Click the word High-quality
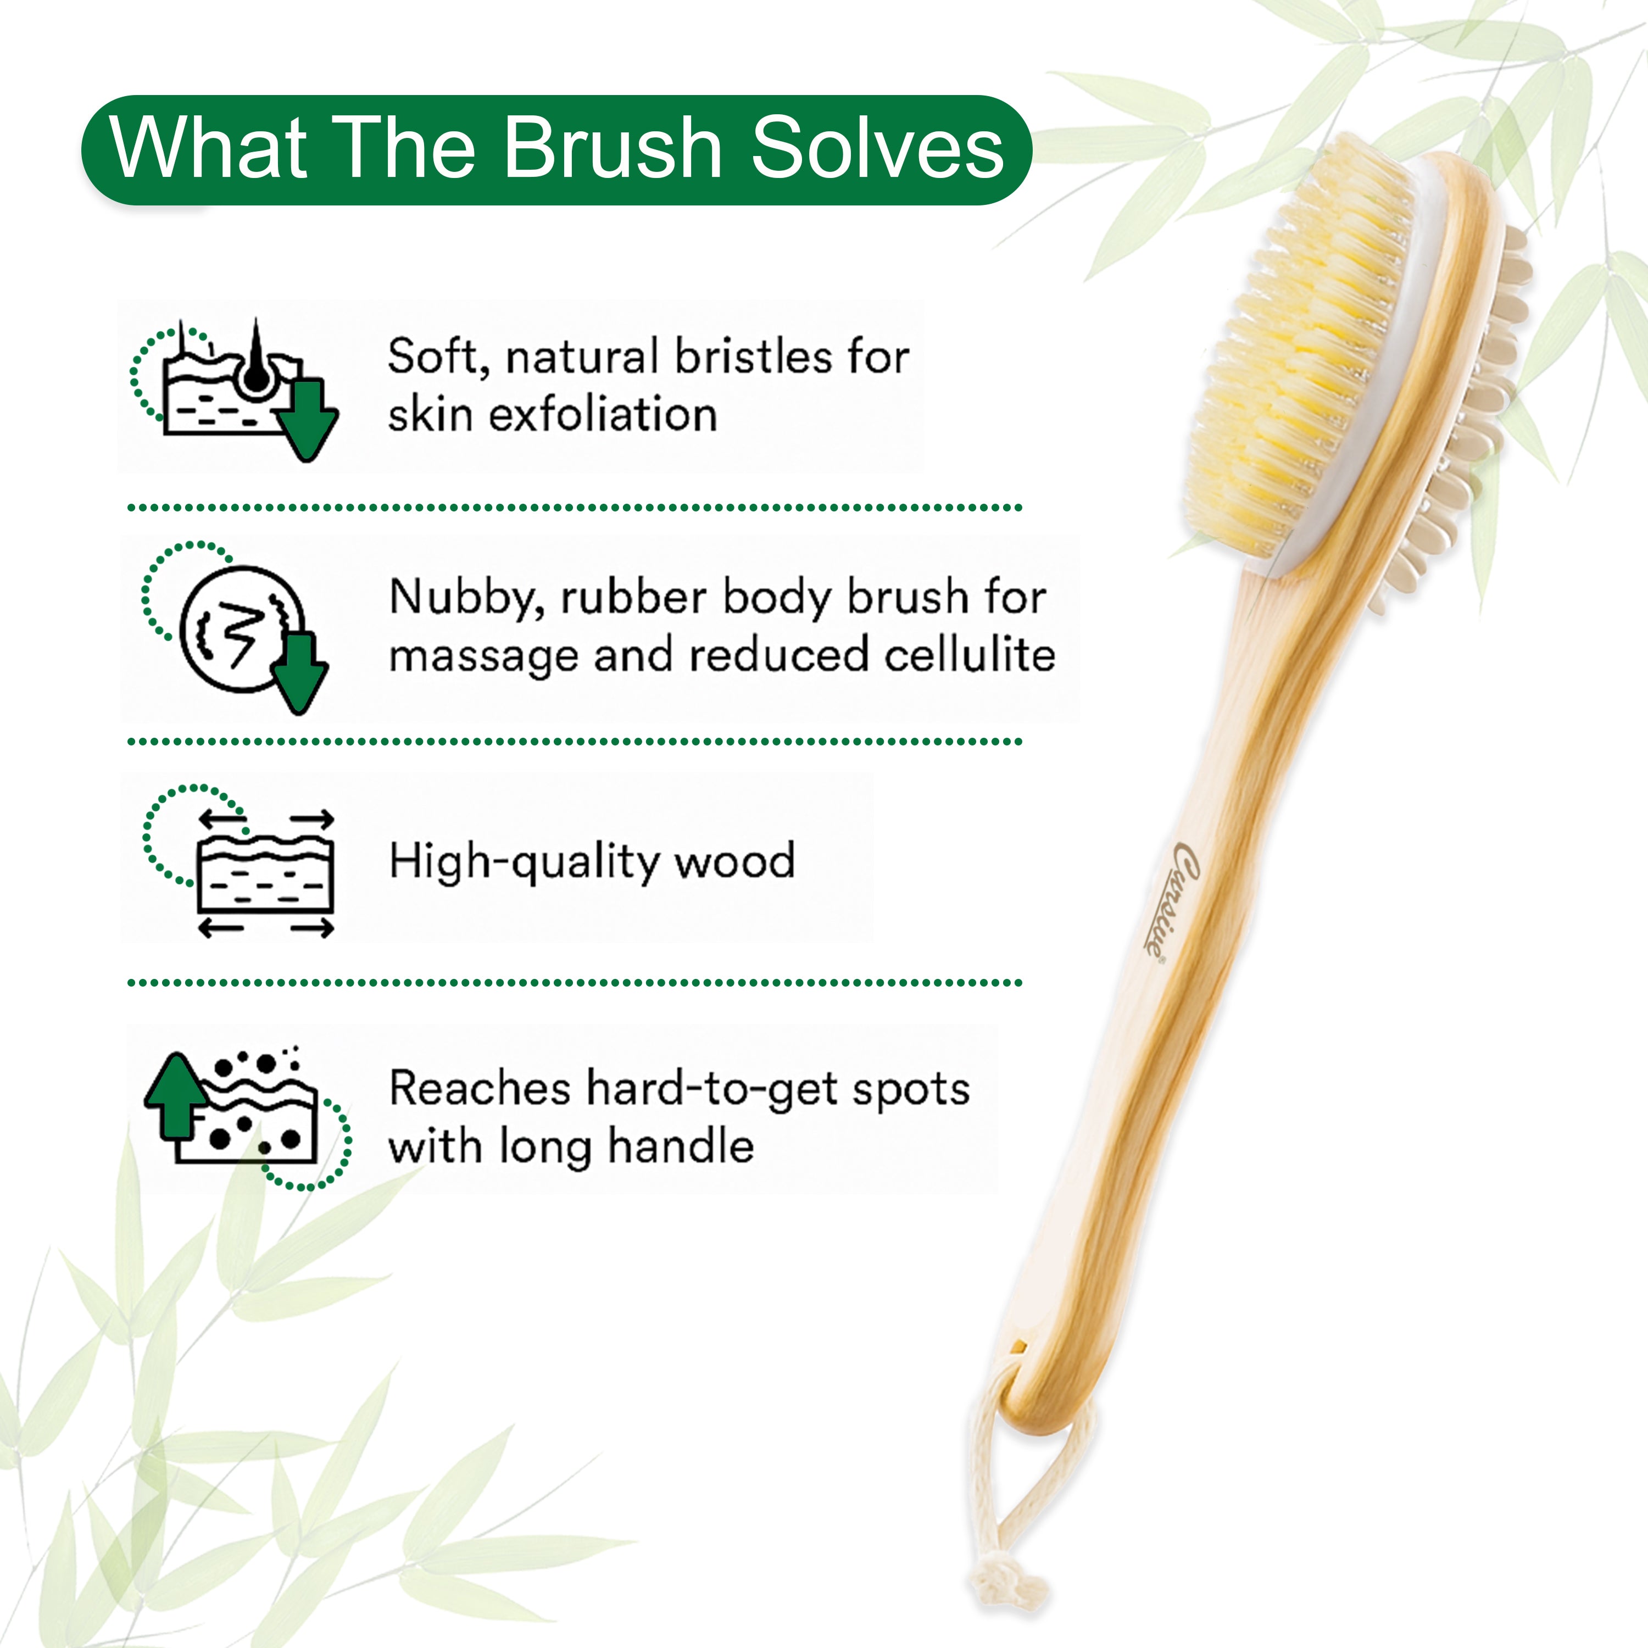pos(523,861)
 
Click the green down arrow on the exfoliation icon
pos(307,418)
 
